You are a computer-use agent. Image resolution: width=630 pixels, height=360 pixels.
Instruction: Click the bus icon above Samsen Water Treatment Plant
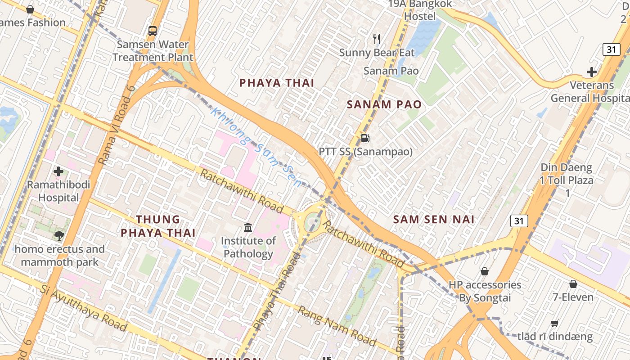[x=153, y=31]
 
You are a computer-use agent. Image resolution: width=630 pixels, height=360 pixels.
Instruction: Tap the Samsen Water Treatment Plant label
[x=153, y=51]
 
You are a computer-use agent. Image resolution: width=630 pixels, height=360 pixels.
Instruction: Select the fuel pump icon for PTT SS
[x=365, y=138]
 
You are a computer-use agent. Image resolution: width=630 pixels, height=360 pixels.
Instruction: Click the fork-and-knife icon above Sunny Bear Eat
[x=377, y=39]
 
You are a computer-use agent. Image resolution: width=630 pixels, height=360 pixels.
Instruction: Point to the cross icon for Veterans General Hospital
[x=591, y=72]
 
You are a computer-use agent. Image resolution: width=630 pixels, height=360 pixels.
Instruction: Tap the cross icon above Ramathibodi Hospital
[x=58, y=171]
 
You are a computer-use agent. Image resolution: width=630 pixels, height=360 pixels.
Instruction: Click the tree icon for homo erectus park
[x=59, y=236]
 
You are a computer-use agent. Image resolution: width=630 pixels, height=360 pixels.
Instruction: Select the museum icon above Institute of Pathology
[x=248, y=227]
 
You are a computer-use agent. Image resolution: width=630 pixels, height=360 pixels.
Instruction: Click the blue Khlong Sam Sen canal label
[x=255, y=147]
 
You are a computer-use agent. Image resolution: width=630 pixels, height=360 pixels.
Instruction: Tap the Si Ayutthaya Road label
[x=83, y=308]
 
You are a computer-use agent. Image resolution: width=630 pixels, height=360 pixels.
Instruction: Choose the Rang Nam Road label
[x=337, y=326]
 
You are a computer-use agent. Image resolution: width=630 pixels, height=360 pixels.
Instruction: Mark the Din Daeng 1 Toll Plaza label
[x=567, y=180]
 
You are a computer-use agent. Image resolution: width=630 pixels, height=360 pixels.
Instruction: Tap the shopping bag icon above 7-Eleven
[x=573, y=284]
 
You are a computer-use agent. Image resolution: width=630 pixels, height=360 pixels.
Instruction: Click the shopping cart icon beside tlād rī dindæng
[x=555, y=324]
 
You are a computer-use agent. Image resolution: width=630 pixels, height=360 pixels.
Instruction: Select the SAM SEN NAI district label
[x=434, y=220]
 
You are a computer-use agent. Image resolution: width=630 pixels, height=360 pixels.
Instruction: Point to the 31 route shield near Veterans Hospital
[x=612, y=49]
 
